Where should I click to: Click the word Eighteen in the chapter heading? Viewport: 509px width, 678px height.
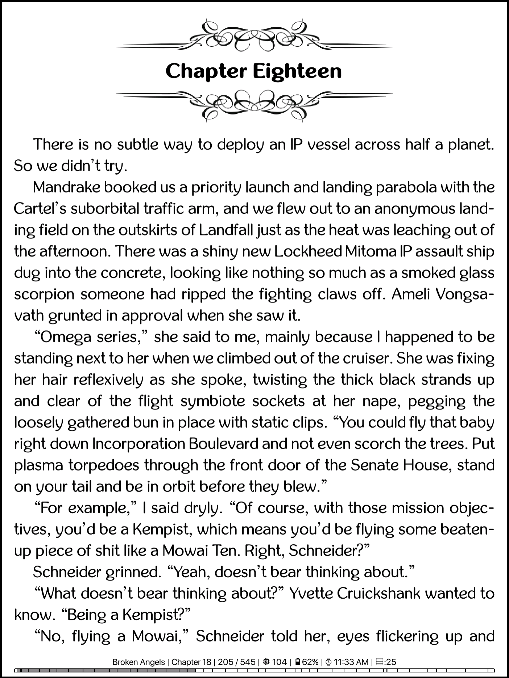pos(297,71)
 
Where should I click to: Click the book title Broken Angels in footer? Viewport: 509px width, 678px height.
pos(138,662)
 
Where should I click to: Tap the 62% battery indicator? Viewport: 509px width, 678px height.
pos(307,662)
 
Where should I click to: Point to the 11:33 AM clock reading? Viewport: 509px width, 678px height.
pos(347,662)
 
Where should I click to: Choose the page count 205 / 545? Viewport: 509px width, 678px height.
pos(237,662)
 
